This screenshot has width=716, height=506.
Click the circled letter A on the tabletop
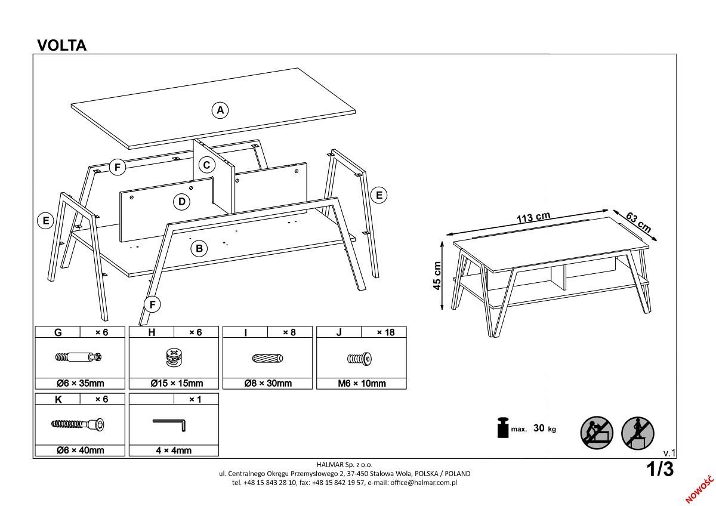click(x=220, y=110)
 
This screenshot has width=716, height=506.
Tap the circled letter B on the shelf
click(x=199, y=248)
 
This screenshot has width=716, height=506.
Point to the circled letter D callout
click(x=182, y=202)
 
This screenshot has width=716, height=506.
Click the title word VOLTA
click(x=61, y=46)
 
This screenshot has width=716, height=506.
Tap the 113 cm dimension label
click(x=533, y=218)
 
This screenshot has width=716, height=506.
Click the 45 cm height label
click(x=438, y=276)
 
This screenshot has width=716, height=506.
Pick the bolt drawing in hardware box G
click(x=79, y=358)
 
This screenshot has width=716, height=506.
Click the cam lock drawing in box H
click(x=173, y=358)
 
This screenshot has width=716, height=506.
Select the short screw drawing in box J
click(x=360, y=359)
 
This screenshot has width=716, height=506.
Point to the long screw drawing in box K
click(x=79, y=424)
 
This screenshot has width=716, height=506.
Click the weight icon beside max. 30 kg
click(x=502, y=427)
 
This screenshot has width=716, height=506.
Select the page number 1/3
click(x=660, y=470)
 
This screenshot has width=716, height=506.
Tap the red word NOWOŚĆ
click(x=700, y=488)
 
